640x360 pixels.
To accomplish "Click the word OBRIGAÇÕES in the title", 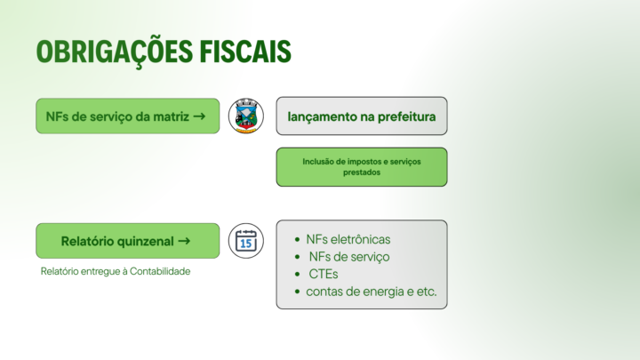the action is (115, 52).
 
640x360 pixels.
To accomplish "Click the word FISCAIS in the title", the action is (245, 51).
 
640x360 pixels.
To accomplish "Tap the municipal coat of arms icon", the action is (245, 116).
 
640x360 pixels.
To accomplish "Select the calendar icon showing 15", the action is (245, 241).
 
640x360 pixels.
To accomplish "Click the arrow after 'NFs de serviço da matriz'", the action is (199, 116).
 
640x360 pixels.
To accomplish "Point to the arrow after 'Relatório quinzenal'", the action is (184, 241).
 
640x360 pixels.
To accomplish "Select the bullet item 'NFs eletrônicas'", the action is (348, 239).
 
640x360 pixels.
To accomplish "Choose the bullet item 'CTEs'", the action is (324, 274).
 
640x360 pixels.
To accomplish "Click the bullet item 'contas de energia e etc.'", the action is (372, 292).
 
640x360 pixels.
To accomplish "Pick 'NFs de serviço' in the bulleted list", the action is (349, 257).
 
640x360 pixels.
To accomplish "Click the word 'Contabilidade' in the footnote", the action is (160, 271).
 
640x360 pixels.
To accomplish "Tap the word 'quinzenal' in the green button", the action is (146, 241).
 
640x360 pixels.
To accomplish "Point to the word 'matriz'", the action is (171, 116).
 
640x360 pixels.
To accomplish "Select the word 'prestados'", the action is (362, 172).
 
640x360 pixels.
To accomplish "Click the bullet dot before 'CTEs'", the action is (297, 275).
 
